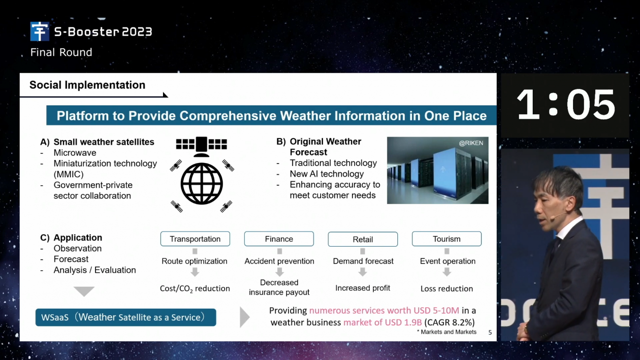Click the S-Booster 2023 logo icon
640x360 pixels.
39,31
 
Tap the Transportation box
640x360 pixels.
195,239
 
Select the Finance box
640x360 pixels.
279,239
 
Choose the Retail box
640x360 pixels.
362,239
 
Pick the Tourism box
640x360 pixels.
447,239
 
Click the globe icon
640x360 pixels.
202,184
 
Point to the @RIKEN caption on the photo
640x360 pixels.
471,143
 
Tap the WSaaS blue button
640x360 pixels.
126,317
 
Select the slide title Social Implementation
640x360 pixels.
88,85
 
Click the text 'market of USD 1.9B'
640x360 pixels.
383,322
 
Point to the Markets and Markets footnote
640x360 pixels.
447,332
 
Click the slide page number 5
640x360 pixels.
490,332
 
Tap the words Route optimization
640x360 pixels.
194,261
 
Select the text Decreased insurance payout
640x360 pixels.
279,287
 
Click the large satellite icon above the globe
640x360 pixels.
201,147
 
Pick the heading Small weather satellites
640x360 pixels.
104,142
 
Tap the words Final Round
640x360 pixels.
61,52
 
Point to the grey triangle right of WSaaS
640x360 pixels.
245,317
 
